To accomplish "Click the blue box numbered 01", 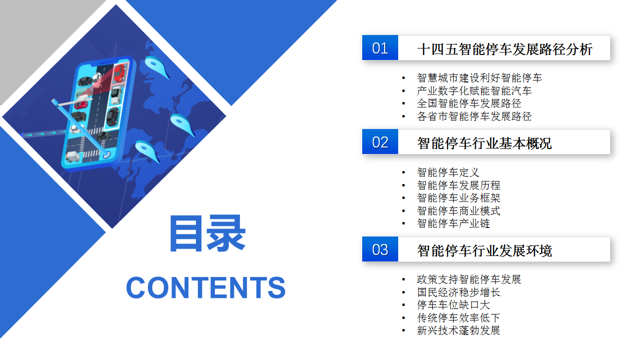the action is coord(380,48).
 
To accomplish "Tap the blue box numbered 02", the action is coord(380,142).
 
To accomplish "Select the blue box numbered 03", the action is coord(380,249).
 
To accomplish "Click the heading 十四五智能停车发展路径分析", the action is coord(505,49).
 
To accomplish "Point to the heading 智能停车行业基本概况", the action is coord(484,143).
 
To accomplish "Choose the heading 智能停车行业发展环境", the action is coord(484,251).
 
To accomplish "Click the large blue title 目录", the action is coord(208,233).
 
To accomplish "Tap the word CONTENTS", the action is coord(206,287).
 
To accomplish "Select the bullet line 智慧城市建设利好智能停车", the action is coord(480,78).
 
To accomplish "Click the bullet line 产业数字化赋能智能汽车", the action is coord(474,91).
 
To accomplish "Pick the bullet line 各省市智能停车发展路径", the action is coord(474,116).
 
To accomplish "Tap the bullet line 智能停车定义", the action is coord(448,172).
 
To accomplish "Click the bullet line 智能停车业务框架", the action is coord(459,198).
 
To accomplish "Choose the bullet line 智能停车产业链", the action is coord(454,223).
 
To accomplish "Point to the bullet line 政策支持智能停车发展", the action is coord(469,279).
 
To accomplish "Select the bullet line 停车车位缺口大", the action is coord(454,305).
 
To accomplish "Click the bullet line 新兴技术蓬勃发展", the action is coord(459,330).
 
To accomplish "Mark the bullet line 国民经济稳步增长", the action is coord(459,292).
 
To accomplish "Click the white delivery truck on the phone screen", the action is coord(73,156).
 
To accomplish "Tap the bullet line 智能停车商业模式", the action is coord(459,210).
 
